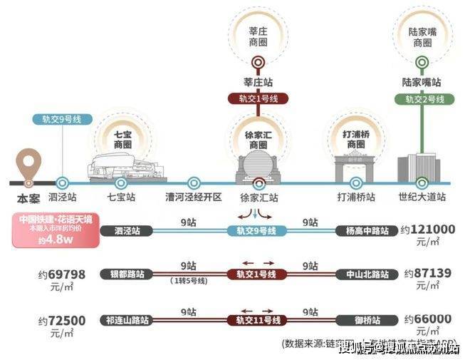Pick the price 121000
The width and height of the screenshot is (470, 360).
(x=429, y=230)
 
